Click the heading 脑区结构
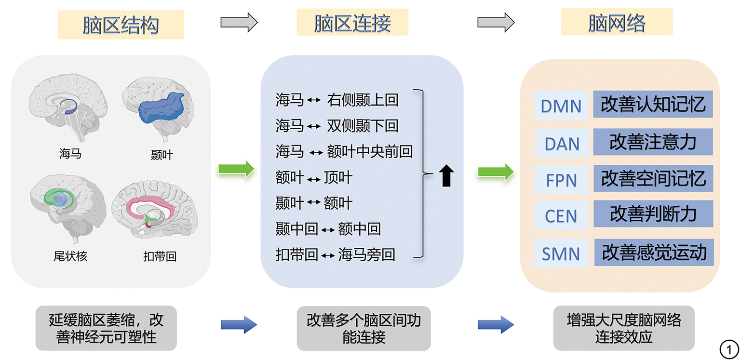[x=121, y=25]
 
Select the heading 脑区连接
[x=352, y=23]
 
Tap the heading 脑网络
[x=617, y=23]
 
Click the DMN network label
[x=561, y=106]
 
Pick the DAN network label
[x=562, y=143]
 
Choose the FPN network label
[x=561, y=180]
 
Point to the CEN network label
[x=561, y=216]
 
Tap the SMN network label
[x=561, y=253]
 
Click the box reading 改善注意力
[x=653, y=142]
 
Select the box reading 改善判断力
[x=653, y=213]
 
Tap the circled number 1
[x=729, y=348]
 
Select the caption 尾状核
[x=70, y=256]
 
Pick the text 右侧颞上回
[x=363, y=100]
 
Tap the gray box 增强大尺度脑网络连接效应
[x=623, y=328]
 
